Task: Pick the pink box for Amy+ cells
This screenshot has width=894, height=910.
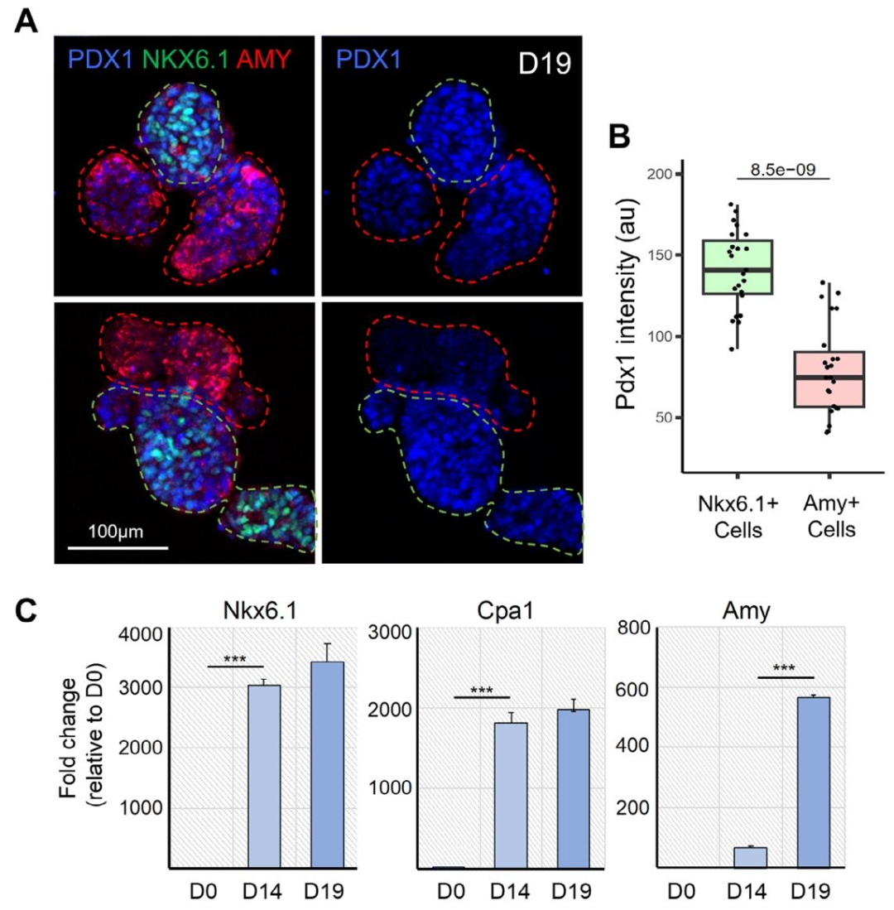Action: [x=829, y=379]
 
